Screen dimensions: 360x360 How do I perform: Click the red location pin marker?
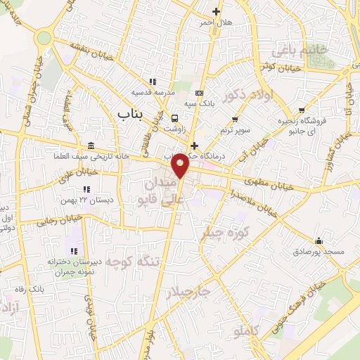(x=181, y=165)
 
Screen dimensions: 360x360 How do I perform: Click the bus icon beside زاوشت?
(x=174, y=118)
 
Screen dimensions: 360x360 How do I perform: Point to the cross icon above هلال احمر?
(x=216, y=11)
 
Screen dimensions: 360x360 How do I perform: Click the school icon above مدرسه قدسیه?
(x=153, y=82)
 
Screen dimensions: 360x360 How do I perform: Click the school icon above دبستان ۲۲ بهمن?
(x=86, y=189)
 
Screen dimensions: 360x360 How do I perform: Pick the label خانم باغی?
(x=312, y=51)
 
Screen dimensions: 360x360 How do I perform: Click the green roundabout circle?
(x=44, y=37)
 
